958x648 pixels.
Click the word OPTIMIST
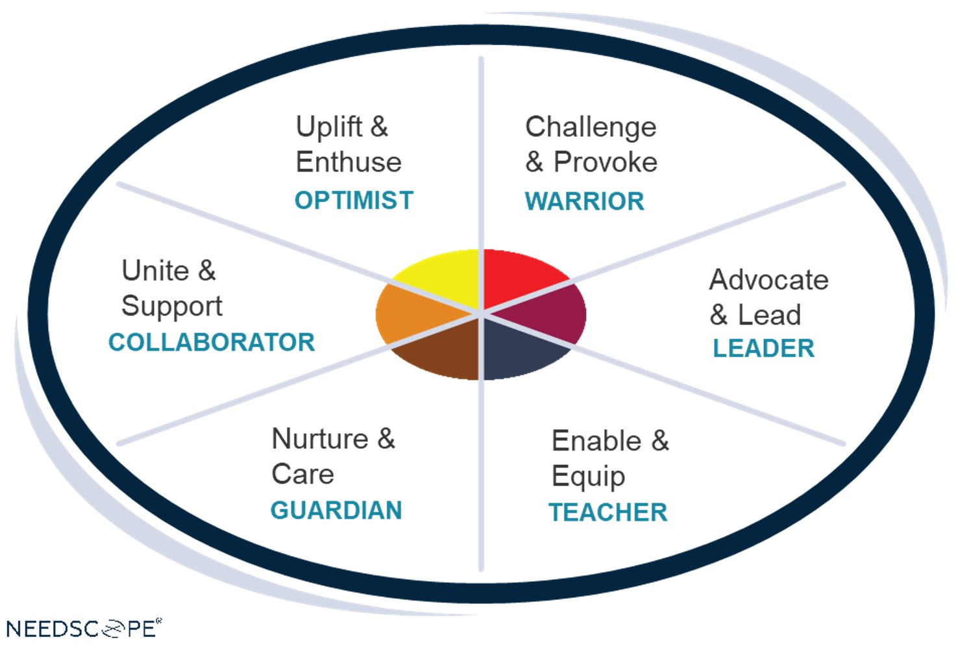point(354,201)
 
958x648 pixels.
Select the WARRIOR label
point(584,201)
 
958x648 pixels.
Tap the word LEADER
point(763,349)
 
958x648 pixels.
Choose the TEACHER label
point(608,512)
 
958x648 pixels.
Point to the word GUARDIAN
point(336,510)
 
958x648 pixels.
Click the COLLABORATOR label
point(212,342)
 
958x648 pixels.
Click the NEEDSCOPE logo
point(84,629)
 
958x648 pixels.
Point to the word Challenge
point(591,127)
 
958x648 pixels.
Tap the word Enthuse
point(349,162)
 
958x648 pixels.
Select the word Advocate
point(768,280)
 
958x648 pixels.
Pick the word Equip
point(588,477)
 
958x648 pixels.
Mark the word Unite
point(156,271)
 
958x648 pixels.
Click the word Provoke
point(605,162)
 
